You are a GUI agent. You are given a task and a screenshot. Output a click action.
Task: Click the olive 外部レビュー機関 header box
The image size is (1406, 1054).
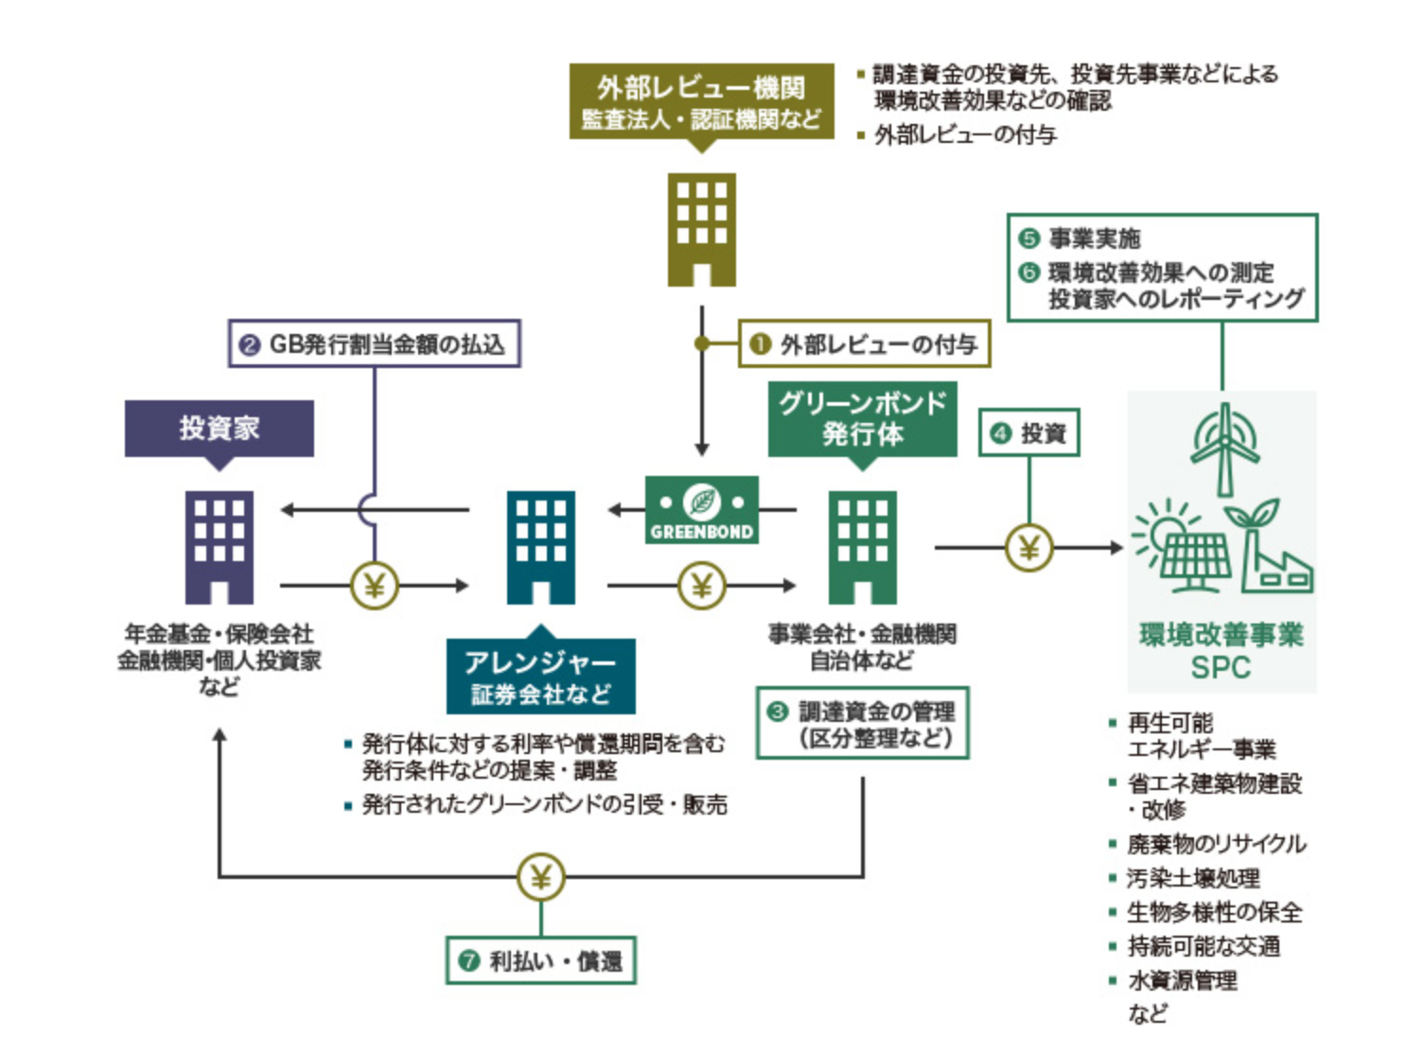tap(701, 101)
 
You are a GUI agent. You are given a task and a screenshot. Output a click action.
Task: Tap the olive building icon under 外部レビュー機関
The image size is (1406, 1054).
tap(701, 229)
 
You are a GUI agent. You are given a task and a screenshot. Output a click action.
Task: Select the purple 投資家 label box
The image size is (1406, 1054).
tap(219, 429)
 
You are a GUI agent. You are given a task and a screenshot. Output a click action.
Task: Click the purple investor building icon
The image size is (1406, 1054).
tap(219, 547)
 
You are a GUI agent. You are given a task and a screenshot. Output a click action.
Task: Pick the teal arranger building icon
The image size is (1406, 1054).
tap(540, 547)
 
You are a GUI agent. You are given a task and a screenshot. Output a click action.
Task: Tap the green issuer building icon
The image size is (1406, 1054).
tap(862, 547)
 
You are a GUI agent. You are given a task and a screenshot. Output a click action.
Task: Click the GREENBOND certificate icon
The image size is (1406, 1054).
tap(701, 510)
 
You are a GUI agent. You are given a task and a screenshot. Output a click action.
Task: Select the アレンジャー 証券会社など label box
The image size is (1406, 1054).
tap(540, 676)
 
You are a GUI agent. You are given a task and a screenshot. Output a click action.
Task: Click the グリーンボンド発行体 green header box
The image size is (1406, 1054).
tap(862, 419)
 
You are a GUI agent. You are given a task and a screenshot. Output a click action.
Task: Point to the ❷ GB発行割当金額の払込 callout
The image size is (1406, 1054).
tap(375, 343)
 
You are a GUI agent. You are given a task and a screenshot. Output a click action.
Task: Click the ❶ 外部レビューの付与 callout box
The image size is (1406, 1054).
tap(864, 343)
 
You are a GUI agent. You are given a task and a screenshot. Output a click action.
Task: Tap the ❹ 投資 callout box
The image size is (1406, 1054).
tap(1028, 433)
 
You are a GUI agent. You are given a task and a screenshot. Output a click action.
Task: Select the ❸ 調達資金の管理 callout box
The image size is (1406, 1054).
tap(862, 724)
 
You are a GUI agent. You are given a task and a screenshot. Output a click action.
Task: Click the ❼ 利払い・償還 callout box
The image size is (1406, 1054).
tap(540, 960)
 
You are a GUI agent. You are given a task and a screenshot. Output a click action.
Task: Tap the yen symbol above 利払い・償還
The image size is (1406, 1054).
tap(540, 877)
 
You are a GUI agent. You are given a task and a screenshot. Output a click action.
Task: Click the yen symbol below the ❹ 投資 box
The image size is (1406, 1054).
tap(1028, 547)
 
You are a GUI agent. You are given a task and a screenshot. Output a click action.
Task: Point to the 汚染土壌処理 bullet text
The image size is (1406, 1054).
tap(1193, 878)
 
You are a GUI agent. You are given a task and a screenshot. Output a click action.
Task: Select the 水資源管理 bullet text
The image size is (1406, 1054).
tap(1182, 980)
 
